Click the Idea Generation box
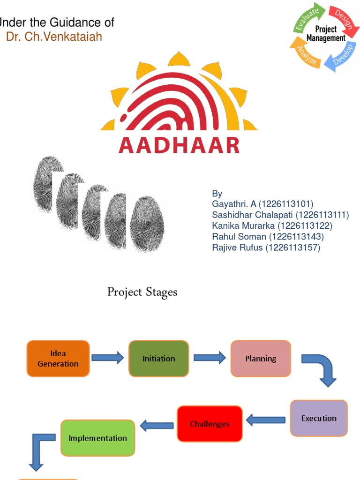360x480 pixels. click(58, 359)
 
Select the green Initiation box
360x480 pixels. click(158, 359)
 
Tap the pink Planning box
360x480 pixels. click(261, 359)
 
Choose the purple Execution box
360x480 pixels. click(319, 418)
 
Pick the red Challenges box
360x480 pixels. click(210, 424)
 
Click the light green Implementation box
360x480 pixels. click(97, 438)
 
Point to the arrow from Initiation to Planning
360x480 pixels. click(210, 358)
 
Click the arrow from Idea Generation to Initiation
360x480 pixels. click(108, 358)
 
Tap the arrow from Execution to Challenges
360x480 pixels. click(265, 420)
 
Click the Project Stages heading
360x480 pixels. click(142, 292)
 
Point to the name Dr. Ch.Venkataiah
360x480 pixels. click(54, 37)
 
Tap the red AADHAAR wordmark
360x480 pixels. click(179, 145)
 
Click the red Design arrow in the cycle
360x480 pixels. click(342, 18)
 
